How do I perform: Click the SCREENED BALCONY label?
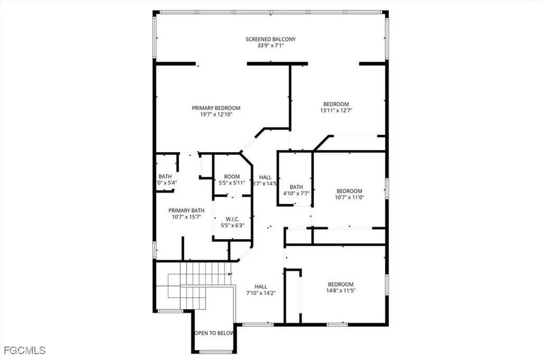click(x=270, y=39)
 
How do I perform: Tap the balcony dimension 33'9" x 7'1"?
click(x=270, y=46)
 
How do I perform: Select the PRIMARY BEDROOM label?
click(x=216, y=108)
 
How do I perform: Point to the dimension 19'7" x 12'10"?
click(x=216, y=114)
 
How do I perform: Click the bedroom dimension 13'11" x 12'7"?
click(x=336, y=111)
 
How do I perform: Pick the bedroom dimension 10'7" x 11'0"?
click(x=349, y=197)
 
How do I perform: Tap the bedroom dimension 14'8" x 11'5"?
click(x=340, y=290)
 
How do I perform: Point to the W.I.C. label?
click(x=232, y=220)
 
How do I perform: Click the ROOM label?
click(x=232, y=177)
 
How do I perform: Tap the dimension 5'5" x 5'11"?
click(x=232, y=183)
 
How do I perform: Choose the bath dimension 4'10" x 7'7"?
click(x=296, y=193)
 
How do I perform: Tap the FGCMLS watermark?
click(x=24, y=350)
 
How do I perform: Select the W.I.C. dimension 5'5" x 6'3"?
click(x=232, y=226)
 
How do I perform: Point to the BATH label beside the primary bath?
click(x=165, y=177)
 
